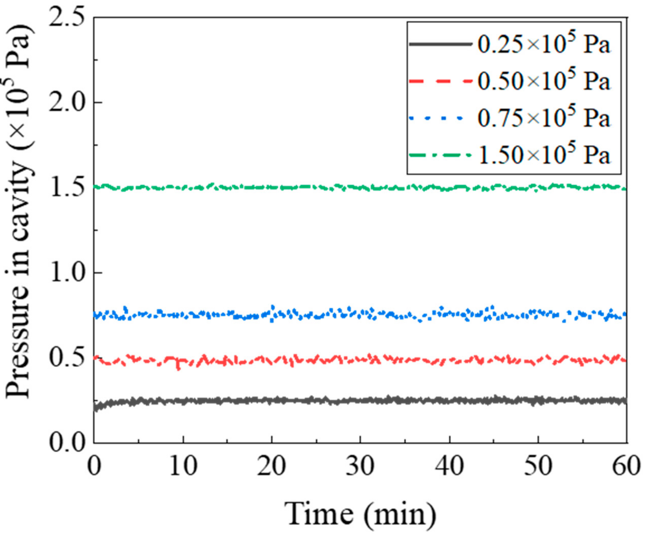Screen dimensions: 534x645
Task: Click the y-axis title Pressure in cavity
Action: pyautogui.click(x=19, y=212)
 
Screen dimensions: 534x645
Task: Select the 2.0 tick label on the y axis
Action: pyautogui.click(x=67, y=103)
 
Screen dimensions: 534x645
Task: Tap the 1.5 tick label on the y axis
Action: pyautogui.click(x=67, y=188)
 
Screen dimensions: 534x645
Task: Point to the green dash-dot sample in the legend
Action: pyautogui.click(x=440, y=155)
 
